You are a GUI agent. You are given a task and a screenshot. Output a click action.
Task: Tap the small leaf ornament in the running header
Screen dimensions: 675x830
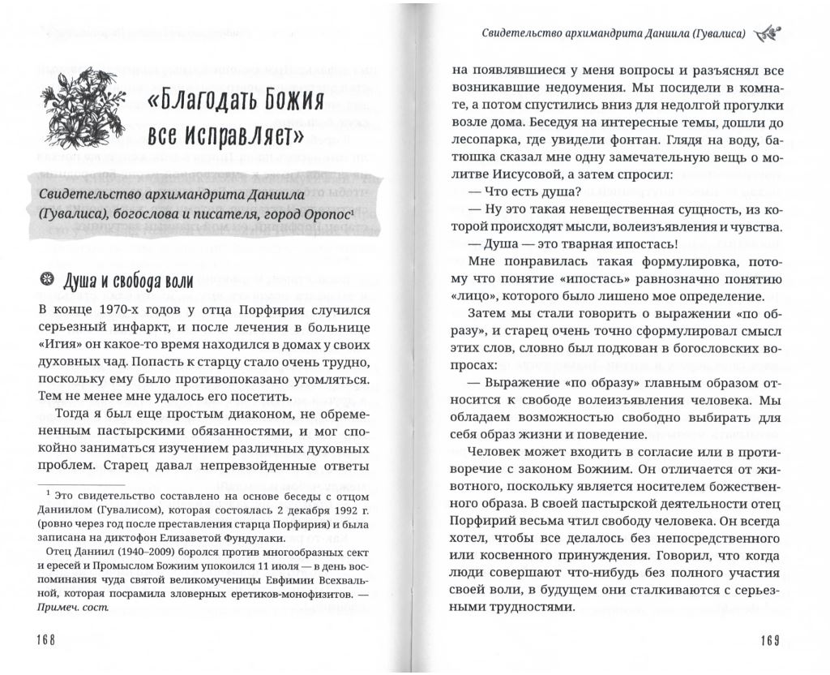click(x=765, y=33)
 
